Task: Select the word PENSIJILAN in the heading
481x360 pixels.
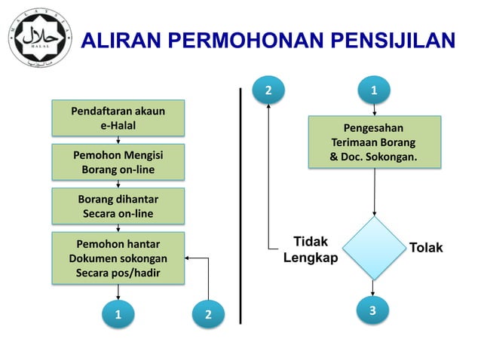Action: (397, 40)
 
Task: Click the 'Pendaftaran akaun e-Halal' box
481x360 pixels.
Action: (118, 118)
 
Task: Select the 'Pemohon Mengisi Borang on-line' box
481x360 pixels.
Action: (118, 162)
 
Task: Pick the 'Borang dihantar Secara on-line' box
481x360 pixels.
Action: (118, 206)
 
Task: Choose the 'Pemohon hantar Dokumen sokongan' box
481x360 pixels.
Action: (118, 258)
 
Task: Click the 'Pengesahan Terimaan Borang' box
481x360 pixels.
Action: (374, 141)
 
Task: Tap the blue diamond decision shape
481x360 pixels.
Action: (374, 248)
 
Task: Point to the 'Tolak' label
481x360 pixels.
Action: (426, 248)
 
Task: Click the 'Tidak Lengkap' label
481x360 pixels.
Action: (310, 249)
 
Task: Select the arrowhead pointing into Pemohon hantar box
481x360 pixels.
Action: (188, 258)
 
